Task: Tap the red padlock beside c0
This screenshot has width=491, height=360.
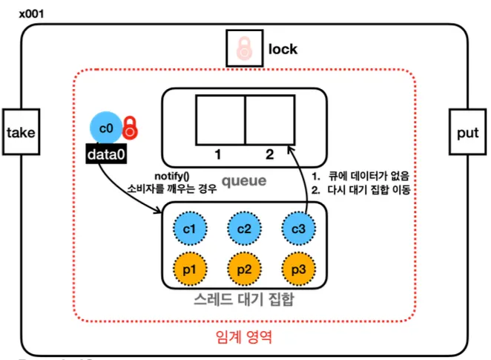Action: click(x=131, y=128)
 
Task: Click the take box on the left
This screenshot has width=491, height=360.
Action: click(x=21, y=133)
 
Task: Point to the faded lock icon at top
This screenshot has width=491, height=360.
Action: click(x=244, y=49)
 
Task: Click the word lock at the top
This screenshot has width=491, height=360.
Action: click(x=283, y=50)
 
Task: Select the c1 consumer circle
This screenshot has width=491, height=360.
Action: click(x=188, y=228)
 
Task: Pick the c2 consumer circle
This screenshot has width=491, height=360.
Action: click(x=245, y=228)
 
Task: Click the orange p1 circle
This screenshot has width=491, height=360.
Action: click(x=188, y=270)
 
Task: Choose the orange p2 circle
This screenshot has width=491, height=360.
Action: click(x=245, y=270)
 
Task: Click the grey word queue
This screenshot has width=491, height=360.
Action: click(x=245, y=180)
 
